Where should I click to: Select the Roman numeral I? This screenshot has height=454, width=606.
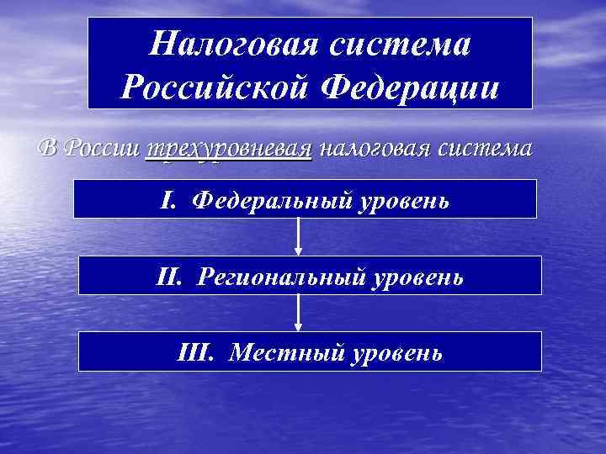pyautogui.click(x=167, y=201)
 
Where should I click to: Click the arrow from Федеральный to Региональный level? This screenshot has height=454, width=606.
pyautogui.click(x=299, y=237)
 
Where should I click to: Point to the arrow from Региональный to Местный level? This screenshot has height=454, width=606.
pyautogui.click(x=299, y=313)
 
